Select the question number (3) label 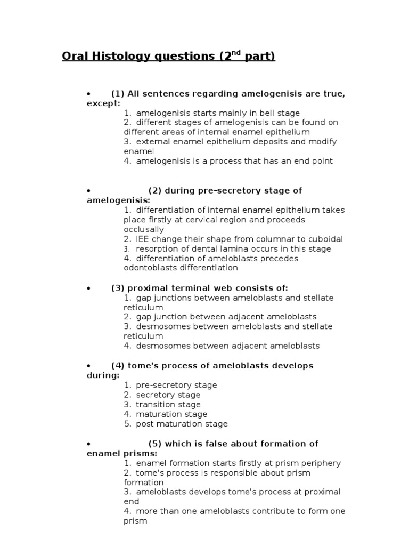[118, 288]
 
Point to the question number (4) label [118, 366]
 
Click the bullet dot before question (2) [89, 191]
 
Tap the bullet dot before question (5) [89, 444]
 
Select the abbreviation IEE [144, 239]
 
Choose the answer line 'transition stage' [168, 405]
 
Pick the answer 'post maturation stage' [182, 424]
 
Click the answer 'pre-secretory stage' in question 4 [176, 385]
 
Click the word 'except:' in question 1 [103, 103]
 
